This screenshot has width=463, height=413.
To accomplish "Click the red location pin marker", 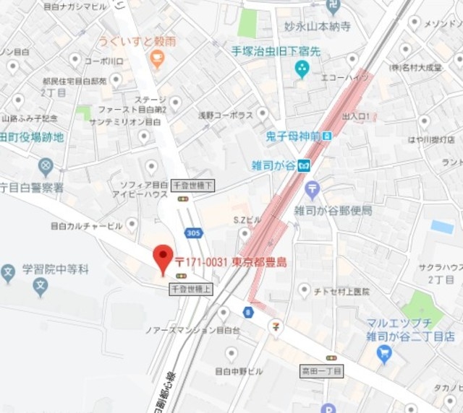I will [x=163, y=258].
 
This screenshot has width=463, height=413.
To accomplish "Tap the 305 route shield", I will [x=192, y=233].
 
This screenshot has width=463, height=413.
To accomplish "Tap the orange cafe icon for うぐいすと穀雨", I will [x=158, y=60].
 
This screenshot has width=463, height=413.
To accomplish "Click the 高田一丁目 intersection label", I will [x=321, y=370].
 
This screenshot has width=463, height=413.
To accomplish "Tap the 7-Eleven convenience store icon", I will [x=275, y=327].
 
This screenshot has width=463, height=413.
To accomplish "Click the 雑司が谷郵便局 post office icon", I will [x=312, y=191].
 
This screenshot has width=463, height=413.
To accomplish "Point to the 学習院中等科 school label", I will [x=54, y=269].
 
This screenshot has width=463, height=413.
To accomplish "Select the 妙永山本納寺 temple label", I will [x=318, y=27].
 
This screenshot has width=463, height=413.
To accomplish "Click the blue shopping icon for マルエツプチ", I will [x=383, y=354].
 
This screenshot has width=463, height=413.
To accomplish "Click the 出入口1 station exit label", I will [x=356, y=116].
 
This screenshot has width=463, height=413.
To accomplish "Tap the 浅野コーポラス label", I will [x=226, y=115].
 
